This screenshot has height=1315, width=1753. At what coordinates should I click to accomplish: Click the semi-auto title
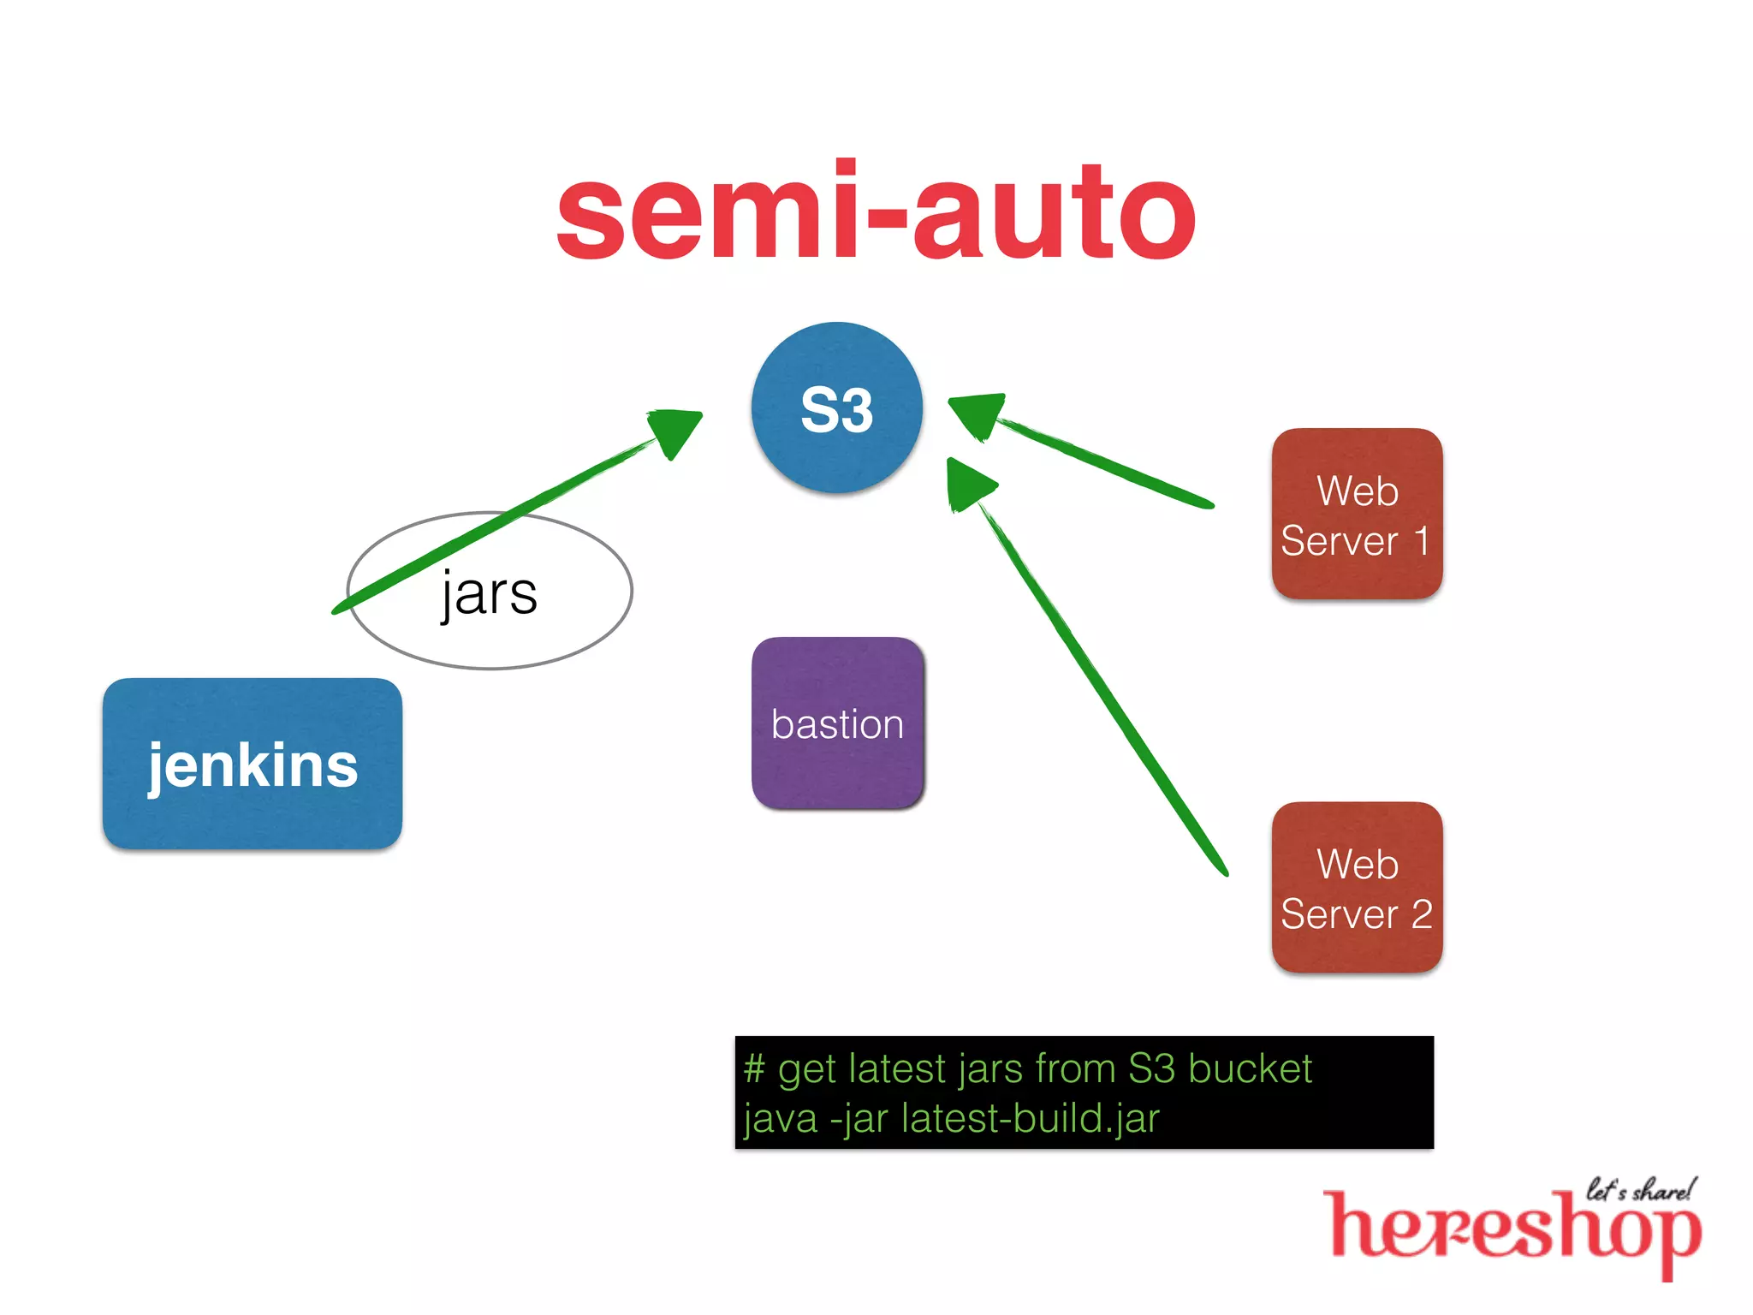click(875, 212)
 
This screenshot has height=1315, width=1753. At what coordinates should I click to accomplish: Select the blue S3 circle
click(836, 408)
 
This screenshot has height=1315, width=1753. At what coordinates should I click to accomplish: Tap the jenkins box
click(253, 764)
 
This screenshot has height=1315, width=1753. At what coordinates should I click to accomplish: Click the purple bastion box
click(837, 723)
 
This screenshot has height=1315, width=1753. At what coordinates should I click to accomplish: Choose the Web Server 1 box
click(1357, 514)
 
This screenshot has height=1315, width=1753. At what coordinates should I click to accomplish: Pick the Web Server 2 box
click(1357, 888)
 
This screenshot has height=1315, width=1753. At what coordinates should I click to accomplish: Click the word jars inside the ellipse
click(490, 593)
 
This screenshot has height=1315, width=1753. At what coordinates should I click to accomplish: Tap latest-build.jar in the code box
click(1031, 1118)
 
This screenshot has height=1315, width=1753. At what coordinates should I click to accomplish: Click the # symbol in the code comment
click(754, 1068)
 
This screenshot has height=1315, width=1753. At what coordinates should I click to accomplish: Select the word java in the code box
click(781, 1118)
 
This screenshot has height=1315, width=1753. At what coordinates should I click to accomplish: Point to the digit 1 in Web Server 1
click(1421, 541)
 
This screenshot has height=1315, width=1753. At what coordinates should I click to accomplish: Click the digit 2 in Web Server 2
click(1422, 914)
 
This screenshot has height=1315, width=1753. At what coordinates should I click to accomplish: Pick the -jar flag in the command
click(860, 1118)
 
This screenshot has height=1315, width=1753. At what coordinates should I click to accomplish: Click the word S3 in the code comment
click(1151, 1068)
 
